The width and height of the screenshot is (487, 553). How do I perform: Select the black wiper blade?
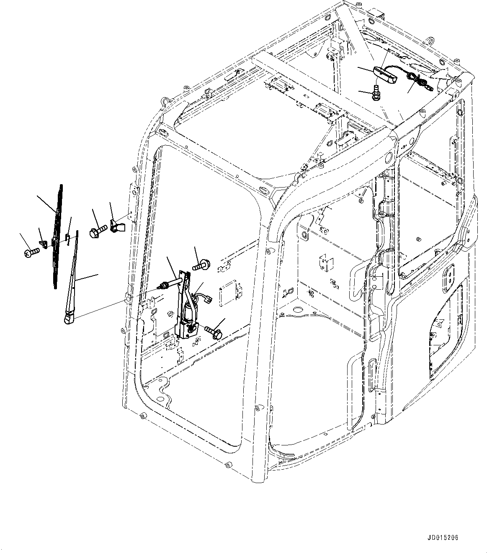point(58,234)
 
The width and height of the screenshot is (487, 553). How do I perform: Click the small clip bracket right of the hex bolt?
point(116,225)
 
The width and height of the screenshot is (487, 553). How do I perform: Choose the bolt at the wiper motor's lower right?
point(214,332)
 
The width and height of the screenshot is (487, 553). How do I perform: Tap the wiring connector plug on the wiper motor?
point(207,298)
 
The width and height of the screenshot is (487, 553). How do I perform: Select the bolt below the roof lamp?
point(375,92)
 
